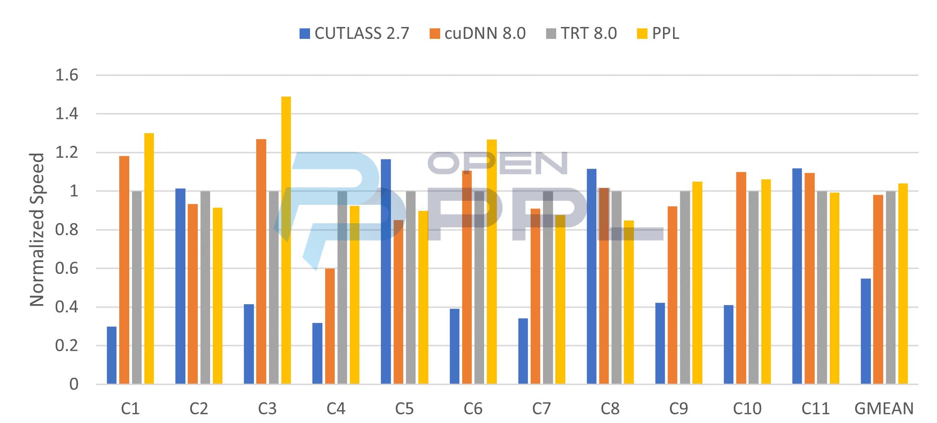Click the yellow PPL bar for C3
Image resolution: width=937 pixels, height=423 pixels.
pyautogui.click(x=286, y=240)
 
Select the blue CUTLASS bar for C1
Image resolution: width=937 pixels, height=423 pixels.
pyautogui.click(x=111, y=355)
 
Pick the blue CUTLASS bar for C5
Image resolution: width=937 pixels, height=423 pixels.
pyautogui.click(x=386, y=272)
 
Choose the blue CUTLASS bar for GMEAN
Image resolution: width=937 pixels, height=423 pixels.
pyautogui.click(x=865, y=331)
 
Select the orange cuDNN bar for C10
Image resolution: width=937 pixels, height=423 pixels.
pyautogui.click(x=741, y=278)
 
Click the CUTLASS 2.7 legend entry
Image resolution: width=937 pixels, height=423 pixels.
pyautogui.click(x=354, y=33)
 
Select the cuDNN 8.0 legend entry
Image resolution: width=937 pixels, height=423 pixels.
pyautogui.click(x=477, y=33)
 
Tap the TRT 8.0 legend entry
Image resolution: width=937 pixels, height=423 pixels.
pyautogui.click(x=581, y=33)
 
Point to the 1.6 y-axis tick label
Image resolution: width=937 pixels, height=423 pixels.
pyautogui.click(x=67, y=75)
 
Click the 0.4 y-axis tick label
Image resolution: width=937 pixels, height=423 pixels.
pyautogui.click(x=67, y=307)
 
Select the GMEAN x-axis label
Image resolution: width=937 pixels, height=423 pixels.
pyautogui.click(x=884, y=408)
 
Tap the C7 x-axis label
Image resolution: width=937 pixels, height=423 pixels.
pyautogui.click(x=542, y=408)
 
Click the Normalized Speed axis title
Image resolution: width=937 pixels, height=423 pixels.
pyautogui.click(x=37, y=230)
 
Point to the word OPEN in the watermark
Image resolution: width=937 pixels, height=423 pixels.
pyautogui.click(x=498, y=163)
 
